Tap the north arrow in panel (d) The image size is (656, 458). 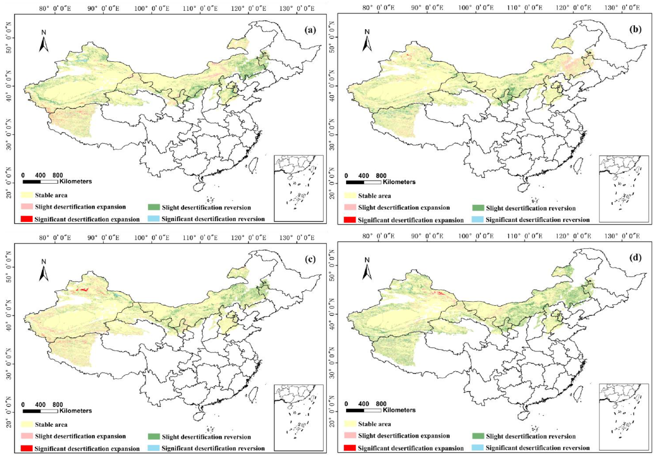pyautogui.click(x=367, y=269)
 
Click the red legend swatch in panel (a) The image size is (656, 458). pyautogui.click(x=26, y=219)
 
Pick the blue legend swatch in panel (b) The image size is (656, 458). pyautogui.click(x=477, y=219)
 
